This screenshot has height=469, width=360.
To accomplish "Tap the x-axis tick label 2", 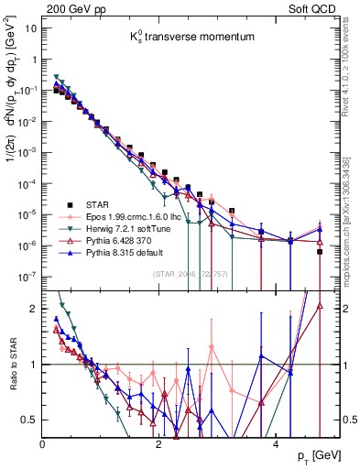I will point(158,442).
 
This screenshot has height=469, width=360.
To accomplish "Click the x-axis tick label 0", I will point(42,442).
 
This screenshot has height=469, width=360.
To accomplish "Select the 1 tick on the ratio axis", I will point(33,364).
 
